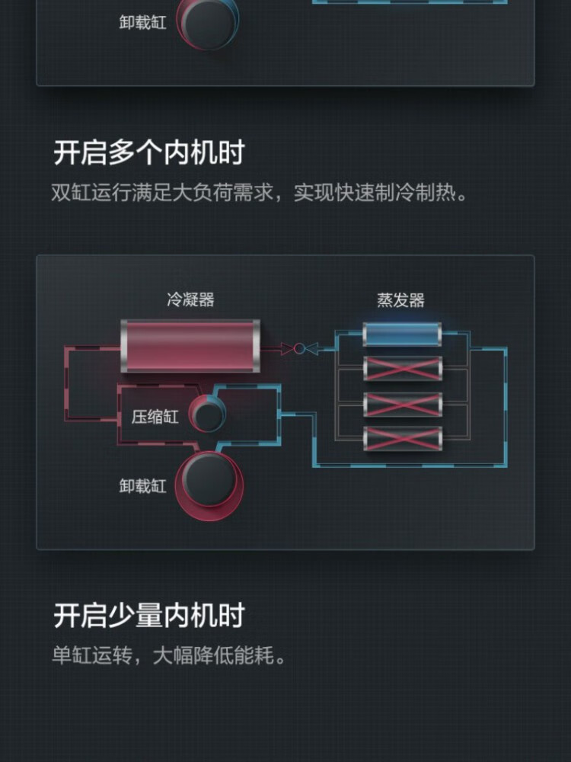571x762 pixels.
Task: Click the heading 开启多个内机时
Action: pyautogui.click(x=148, y=152)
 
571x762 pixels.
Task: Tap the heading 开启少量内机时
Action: pyautogui.click(x=148, y=615)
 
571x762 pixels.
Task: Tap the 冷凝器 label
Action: pyautogui.click(x=190, y=299)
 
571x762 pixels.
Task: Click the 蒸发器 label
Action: pyautogui.click(x=400, y=299)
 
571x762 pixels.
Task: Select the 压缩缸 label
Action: pyautogui.click(x=155, y=417)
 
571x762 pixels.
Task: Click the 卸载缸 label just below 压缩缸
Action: pyautogui.click(x=142, y=485)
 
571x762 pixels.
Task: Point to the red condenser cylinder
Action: pyautogui.click(x=190, y=347)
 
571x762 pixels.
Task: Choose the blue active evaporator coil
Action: pyautogui.click(x=402, y=335)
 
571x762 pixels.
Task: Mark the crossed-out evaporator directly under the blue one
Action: pyautogui.click(x=402, y=368)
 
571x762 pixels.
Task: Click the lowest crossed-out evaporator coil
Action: pyautogui.click(x=402, y=438)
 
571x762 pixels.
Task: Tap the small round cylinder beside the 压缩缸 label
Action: pyautogui.click(x=207, y=415)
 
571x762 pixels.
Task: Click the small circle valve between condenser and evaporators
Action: pyautogui.click(x=299, y=348)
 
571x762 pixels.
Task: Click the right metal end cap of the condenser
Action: pyautogui.click(x=255, y=347)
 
